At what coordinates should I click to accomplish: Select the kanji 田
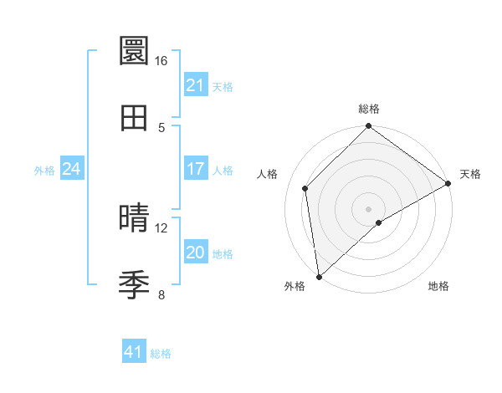coord(135,118)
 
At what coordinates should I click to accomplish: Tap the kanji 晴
coord(135,219)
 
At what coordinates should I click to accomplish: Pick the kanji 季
coord(135,285)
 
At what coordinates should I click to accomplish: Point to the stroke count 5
coord(161,127)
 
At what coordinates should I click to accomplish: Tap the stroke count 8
coord(161,294)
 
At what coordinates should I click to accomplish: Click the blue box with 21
coord(195,85)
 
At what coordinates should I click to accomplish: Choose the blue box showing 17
coord(195,169)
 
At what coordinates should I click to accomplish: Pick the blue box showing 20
coord(195,253)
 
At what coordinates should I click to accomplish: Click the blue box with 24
coord(71,169)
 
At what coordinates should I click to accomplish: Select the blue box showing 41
coord(134,352)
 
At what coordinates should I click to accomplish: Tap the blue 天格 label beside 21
coord(223,86)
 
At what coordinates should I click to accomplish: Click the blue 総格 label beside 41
coord(161,354)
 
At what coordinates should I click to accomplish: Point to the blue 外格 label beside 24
coord(44,170)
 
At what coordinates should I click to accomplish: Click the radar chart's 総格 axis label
coord(369,109)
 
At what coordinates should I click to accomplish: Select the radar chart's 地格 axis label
coord(438,286)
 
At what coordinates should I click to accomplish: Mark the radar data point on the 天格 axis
coord(448,184)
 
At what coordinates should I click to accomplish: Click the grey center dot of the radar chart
coord(369,208)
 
